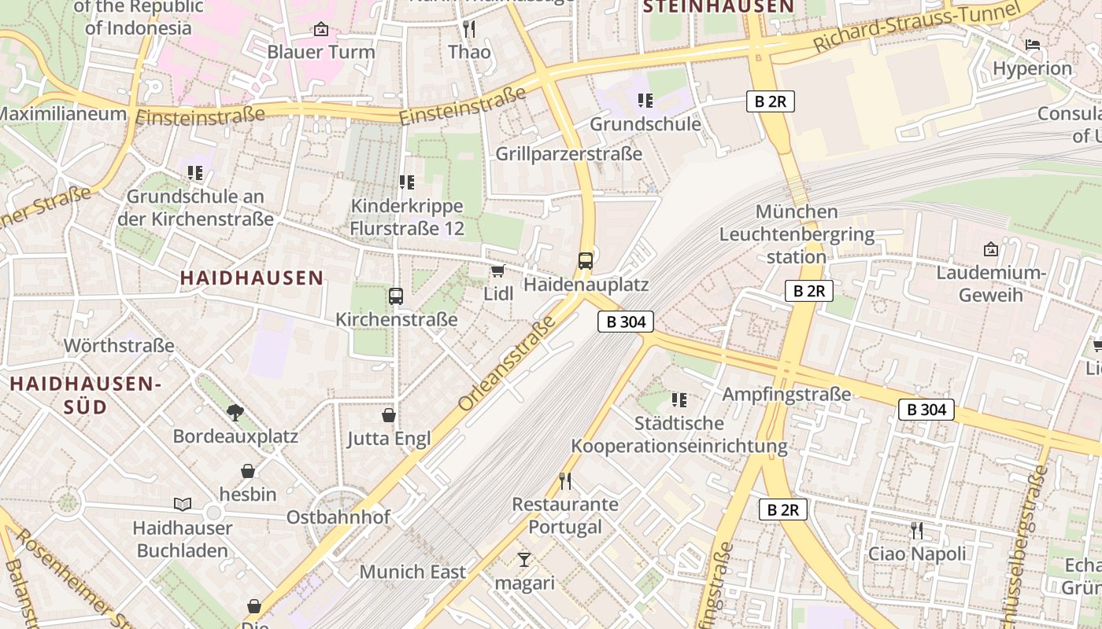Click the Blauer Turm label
[321, 52]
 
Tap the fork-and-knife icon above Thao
[469, 29]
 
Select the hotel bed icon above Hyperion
[1033, 45]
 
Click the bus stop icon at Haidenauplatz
[585, 260]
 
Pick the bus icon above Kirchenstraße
[396, 296]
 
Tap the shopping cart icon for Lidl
[497, 271]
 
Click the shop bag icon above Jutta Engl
[389, 415]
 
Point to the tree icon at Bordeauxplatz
[235, 412]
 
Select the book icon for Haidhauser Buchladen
[183, 504]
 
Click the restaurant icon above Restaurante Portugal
[564, 480]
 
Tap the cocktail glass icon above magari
[524, 559]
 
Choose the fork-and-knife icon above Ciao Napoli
[916, 530]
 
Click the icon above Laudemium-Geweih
[990, 250]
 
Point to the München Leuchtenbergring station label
[796, 234]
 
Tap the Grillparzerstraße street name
[568, 153]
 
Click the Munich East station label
[412, 572]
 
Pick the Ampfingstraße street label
[786, 393]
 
